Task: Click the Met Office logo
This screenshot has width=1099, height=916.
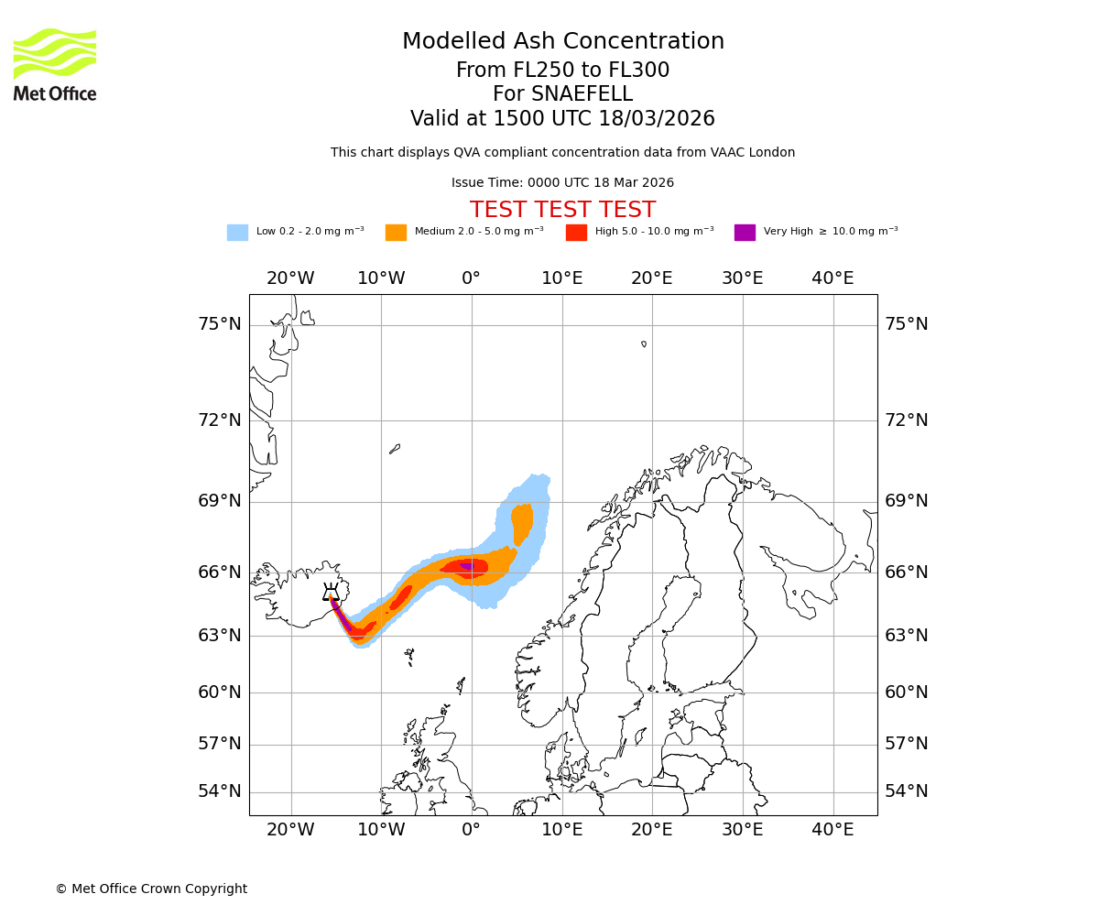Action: [55, 64]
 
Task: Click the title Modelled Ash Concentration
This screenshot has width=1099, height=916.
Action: [562, 42]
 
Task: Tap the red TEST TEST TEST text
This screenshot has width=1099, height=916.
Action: [562, 210]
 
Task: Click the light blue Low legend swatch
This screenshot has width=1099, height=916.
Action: [237, 233]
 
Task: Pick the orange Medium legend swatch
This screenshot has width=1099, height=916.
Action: [396, 233]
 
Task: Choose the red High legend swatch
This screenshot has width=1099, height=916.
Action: [576, 233]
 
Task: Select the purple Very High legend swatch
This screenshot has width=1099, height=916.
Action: [745, 233]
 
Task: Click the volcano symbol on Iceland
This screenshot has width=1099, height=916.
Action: [331, 593]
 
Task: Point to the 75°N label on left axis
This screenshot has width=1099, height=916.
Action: [220, 324]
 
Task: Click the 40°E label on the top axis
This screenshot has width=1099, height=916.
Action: [832, 278]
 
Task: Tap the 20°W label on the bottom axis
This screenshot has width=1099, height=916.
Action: [290, 830]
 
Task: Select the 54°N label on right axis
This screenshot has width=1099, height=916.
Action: [906, 791]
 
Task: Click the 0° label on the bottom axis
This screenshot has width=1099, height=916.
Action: [471, 830]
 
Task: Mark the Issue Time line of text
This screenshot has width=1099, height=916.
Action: [562, 183]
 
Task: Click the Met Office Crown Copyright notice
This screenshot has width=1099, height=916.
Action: [151, 889]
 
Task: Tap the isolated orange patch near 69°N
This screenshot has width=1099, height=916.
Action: [522, 522]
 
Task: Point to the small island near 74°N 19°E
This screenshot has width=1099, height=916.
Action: [644, 344]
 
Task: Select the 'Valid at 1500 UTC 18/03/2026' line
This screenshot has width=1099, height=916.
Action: [562, 119]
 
